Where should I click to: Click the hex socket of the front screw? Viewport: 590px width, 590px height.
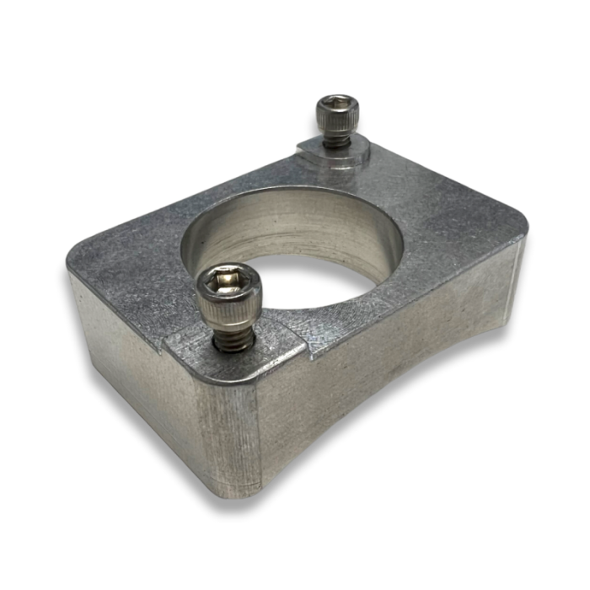[228, 281]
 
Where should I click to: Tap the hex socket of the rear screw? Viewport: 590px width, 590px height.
[337, 106]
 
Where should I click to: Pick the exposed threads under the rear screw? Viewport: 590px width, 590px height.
[337, 141]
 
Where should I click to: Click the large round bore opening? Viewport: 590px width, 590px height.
[295, 253]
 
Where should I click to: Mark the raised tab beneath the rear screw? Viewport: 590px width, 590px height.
[337, 156]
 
